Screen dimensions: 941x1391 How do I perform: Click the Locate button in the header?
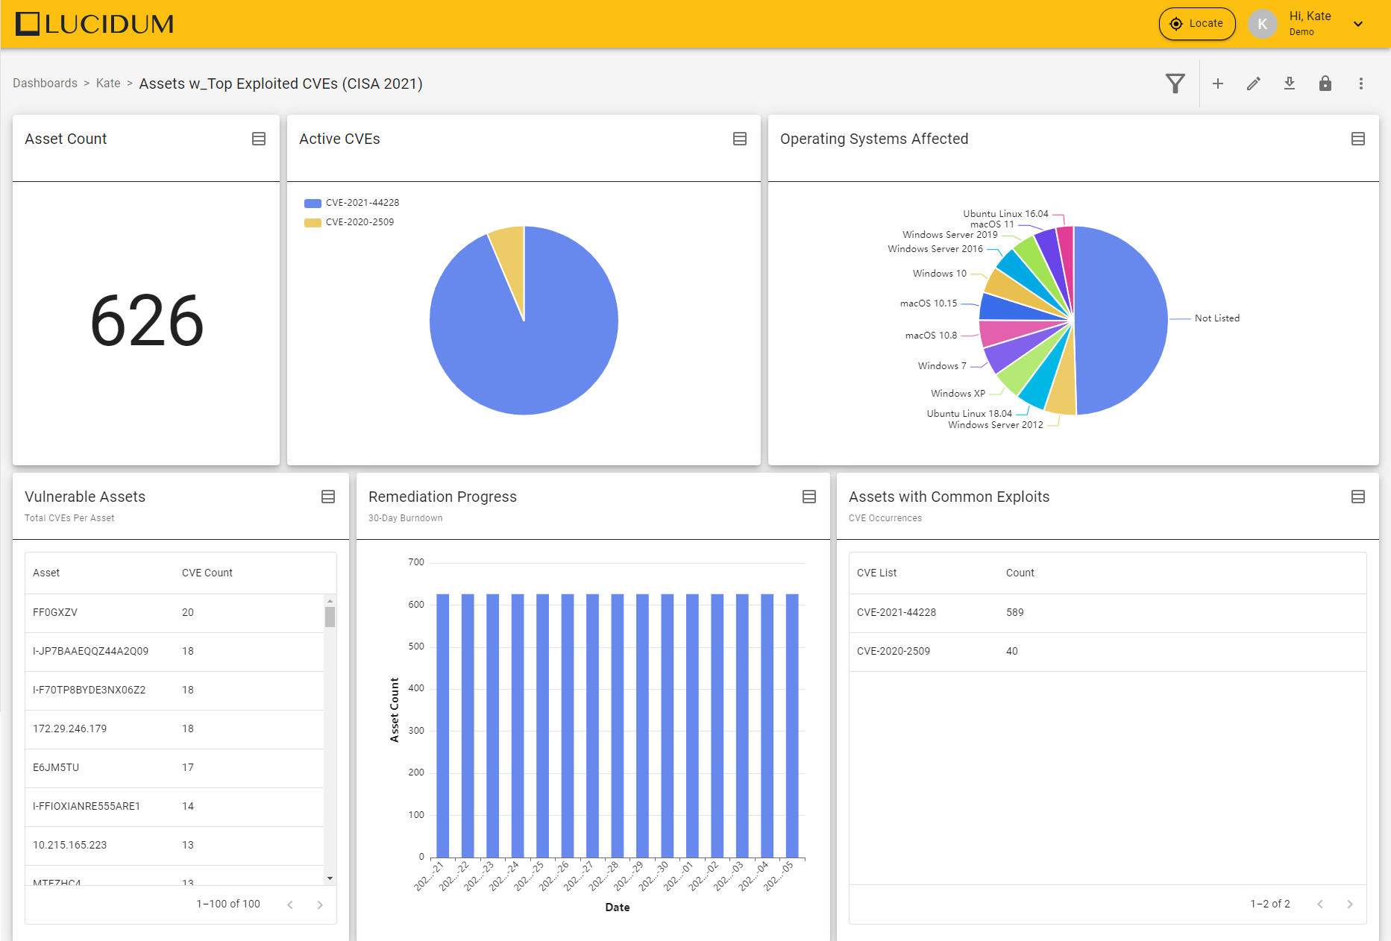pyautogui.click(x=1196, y=24)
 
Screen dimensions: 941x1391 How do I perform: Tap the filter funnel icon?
pyautogui.click(x=1175, y=84)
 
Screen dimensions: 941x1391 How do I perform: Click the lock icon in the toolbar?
pyautogui.click(x=1325, y=84)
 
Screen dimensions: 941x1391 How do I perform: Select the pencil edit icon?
pyautogui.click(x=1253, y=84)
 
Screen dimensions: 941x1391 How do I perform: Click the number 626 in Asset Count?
pyautogui.click(x=146, y=321)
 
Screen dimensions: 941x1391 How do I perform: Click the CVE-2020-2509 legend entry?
pyautogui.click(x=359, y=222)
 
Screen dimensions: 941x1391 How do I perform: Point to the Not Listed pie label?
pyautogui.click(x=1216, y=318)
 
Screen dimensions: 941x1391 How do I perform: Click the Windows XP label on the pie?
pyautogui.click(x=958, y=394)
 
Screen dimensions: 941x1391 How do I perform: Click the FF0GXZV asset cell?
pyautogui.click(x=55, y=612)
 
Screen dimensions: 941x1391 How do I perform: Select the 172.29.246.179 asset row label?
pyautogui.click(x=69, y=728)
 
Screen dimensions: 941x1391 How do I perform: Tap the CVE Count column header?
pyautogui.click(x=207, y=573)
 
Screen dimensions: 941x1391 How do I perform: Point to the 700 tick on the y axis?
pyautogui.click(x=416, y=562)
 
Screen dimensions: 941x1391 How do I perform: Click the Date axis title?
pyautogui.click(x=617, y=907)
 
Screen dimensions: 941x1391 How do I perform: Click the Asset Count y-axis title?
pyautogui.click(x=395, y=710)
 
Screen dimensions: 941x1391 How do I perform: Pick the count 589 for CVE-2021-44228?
pyautogui.click(x=1014, y=612)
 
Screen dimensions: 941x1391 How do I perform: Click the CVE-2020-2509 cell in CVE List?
pyautogui.click(x=893, y=651)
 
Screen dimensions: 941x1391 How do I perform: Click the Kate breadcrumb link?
pyautogui.click(x=108, y=84)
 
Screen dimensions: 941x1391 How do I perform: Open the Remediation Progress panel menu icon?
pyautogui.click(x=808, y=497)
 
